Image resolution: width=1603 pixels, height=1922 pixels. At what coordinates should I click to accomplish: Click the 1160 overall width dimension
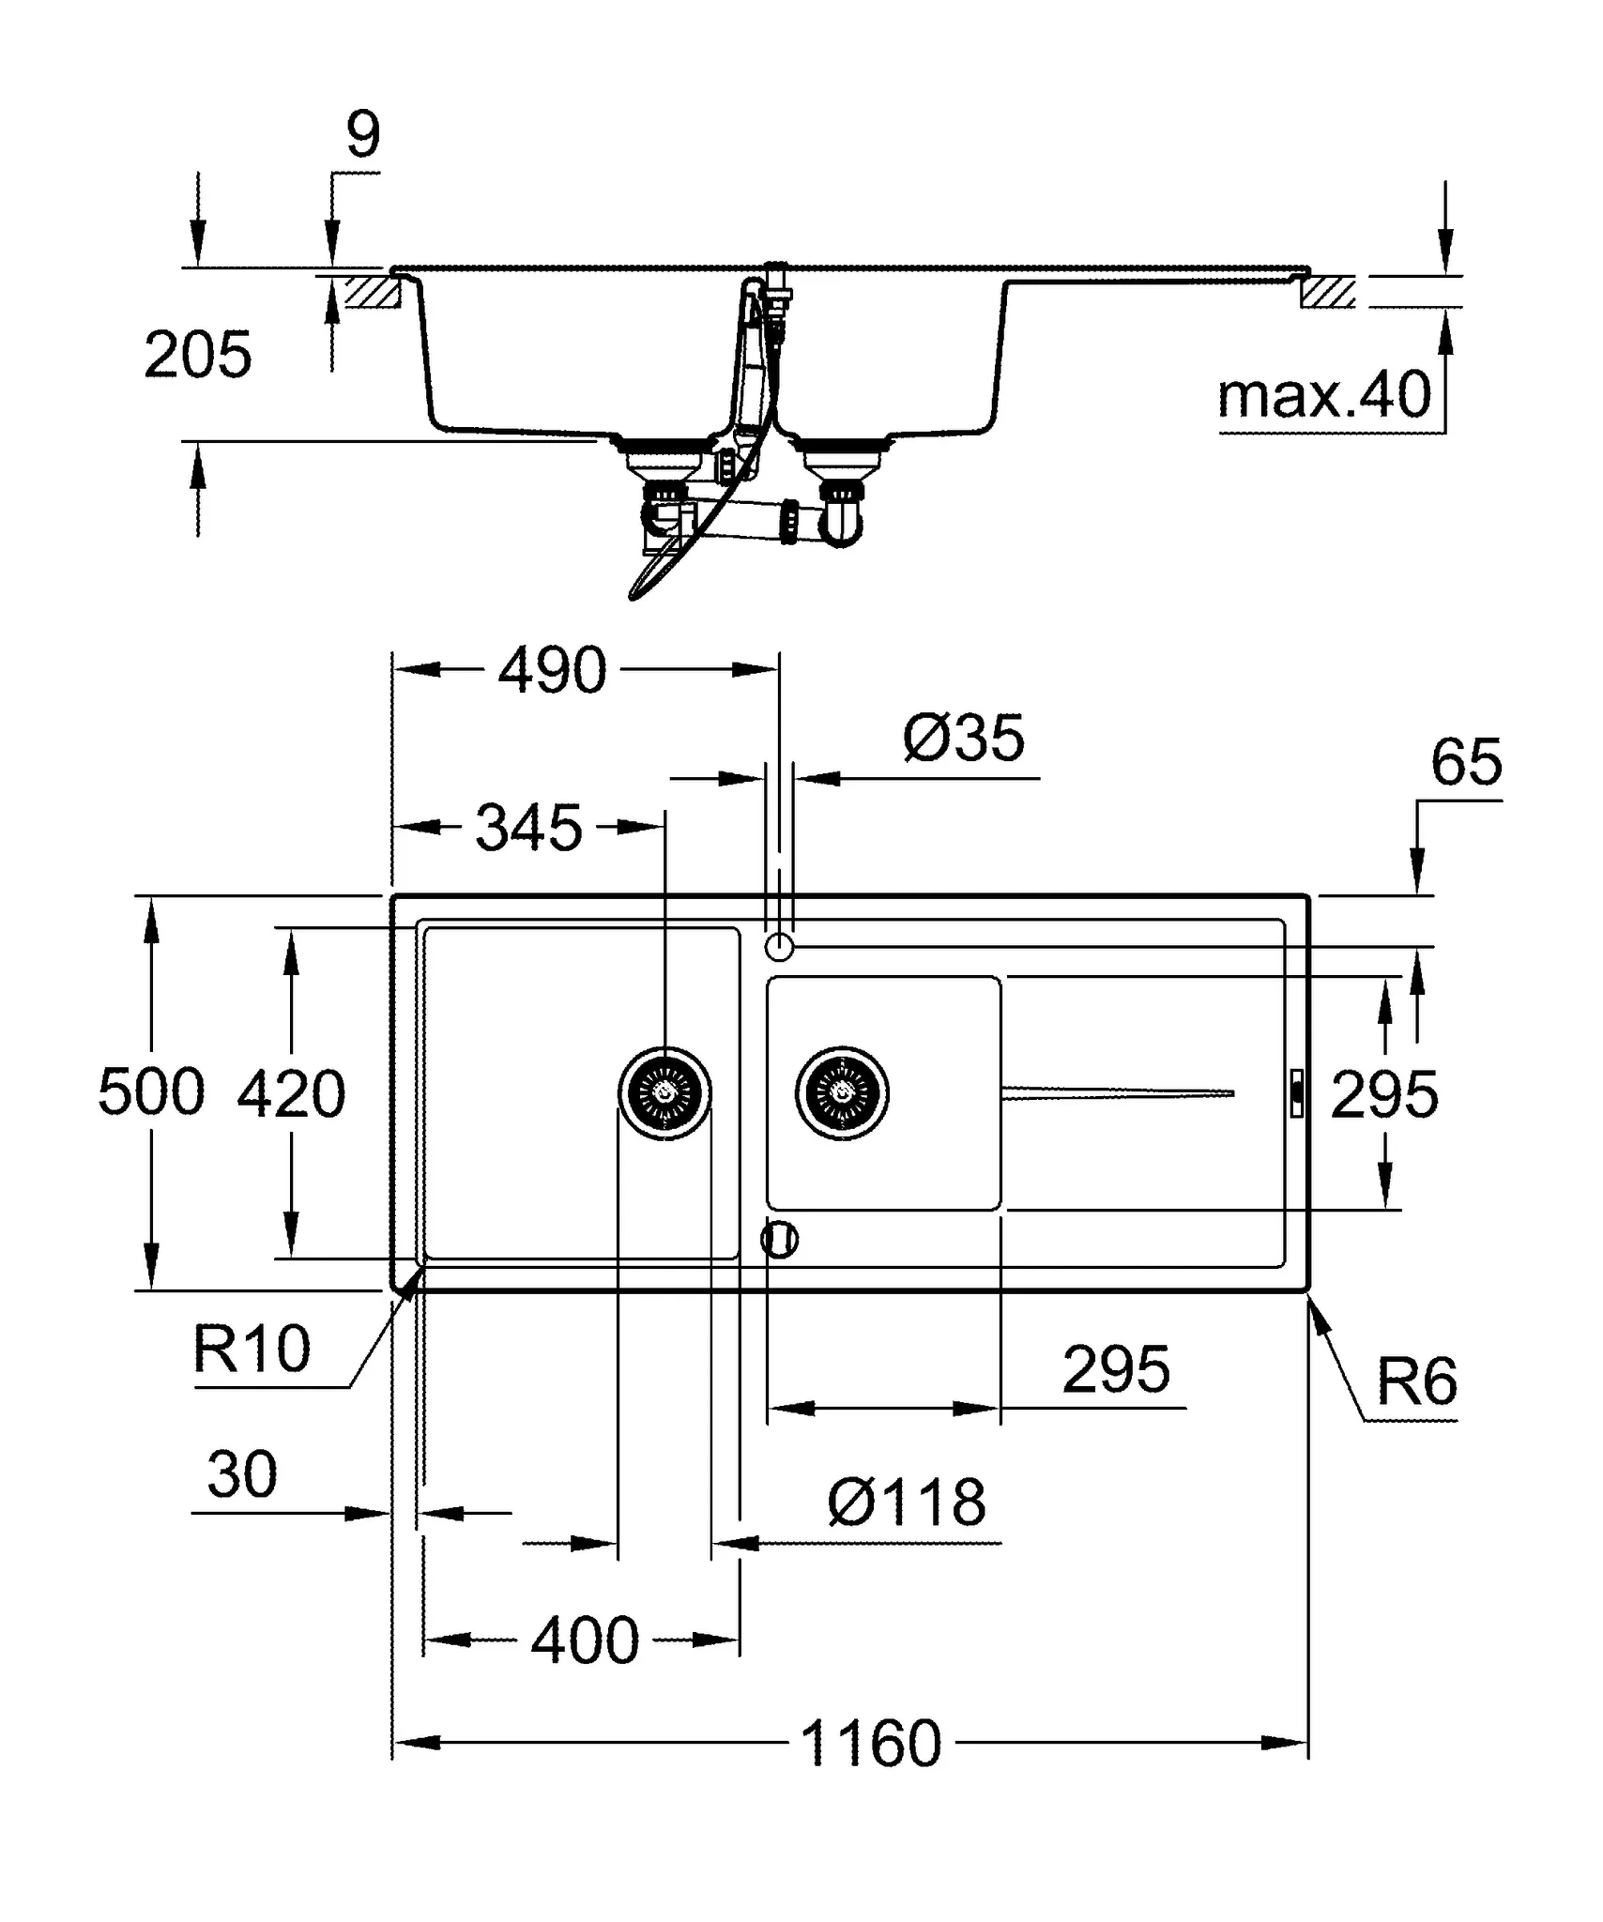coord(870,1744)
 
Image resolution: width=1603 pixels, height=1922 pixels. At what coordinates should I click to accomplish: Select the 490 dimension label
coord(552,670)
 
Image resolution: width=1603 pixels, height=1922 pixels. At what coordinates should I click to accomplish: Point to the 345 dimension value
coord(528,828)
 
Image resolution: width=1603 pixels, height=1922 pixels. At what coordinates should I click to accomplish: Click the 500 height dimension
coord(150,1092)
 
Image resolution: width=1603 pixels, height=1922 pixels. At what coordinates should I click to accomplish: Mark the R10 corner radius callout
coord(251,1350)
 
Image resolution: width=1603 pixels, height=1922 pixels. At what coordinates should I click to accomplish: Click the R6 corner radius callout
coord(1415,1381)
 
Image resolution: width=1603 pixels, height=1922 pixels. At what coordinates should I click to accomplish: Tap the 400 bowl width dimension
coord(585,1640)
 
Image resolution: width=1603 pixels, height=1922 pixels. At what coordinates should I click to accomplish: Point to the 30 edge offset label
coord(242,1474)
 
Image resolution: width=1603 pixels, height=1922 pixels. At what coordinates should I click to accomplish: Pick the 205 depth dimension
coord(198,355)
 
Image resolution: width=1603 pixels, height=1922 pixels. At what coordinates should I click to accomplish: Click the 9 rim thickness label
coord(363,135)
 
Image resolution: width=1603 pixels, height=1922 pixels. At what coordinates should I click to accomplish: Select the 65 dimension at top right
coord(1466,762)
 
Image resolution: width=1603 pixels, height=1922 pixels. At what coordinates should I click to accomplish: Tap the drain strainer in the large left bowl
coord(664,1093)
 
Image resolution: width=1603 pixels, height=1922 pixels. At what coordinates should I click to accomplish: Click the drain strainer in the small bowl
coord(841,1093)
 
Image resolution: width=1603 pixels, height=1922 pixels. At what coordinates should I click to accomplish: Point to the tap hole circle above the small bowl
coord(779,948)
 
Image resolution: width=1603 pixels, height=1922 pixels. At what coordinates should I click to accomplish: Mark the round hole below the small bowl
coord(779,1240)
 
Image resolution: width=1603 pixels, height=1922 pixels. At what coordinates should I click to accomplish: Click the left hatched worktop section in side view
coord(374,292)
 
